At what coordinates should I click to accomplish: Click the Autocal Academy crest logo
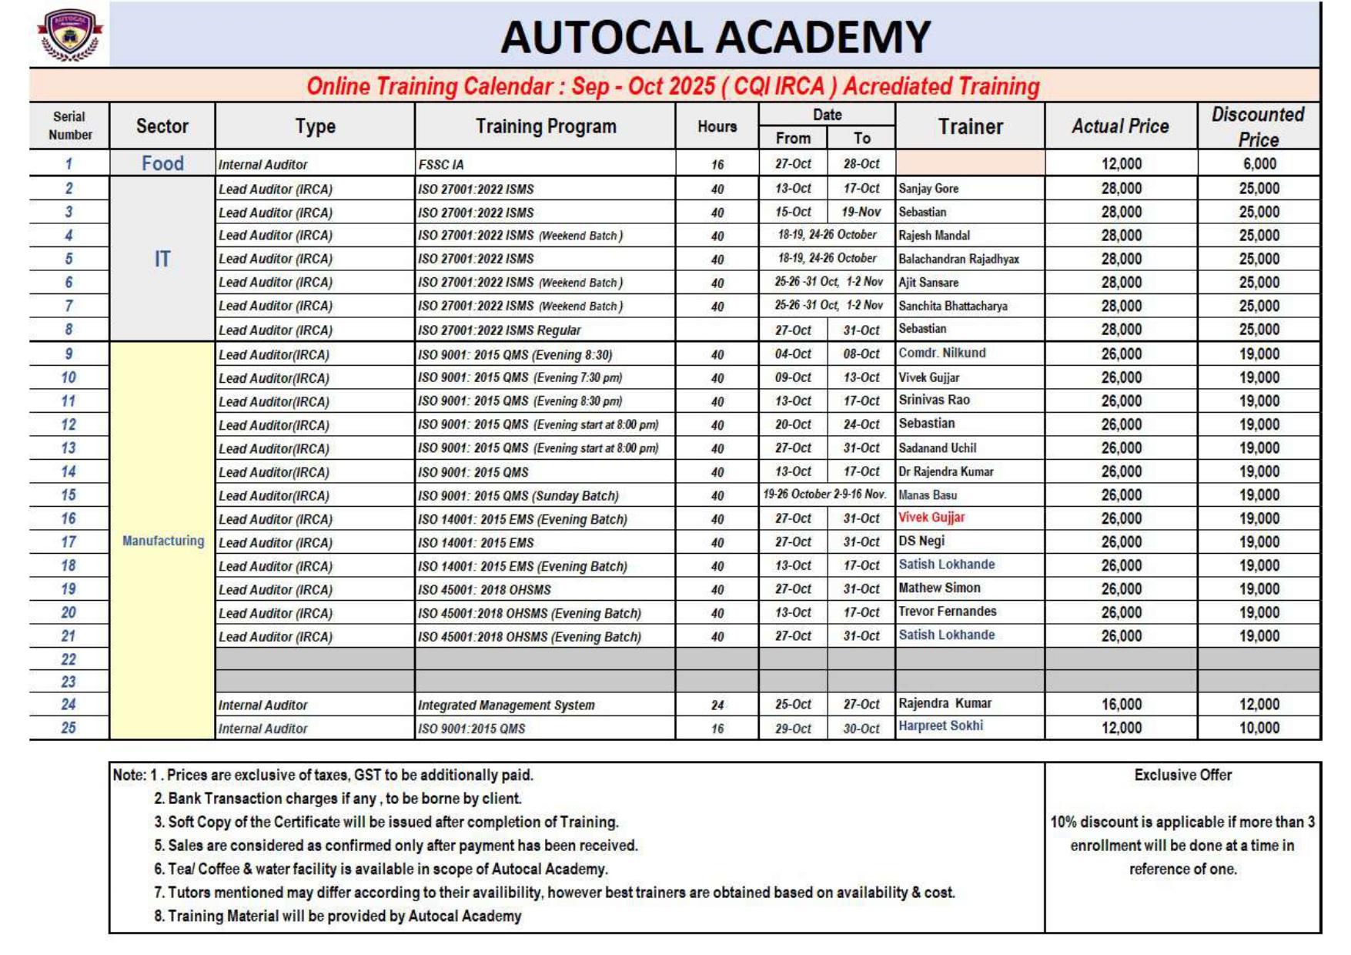tap(69, 35)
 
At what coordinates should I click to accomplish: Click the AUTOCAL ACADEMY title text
tap(715, 37)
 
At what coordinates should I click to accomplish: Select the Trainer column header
tap(970, 126)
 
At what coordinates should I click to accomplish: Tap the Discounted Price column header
tap(1258, 126)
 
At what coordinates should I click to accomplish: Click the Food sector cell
tap(162, 163)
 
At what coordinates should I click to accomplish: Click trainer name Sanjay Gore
tap(928, 189)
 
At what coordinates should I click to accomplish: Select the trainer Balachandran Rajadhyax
tap(958, 259)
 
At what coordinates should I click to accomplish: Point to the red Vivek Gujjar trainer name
tap(931, 518)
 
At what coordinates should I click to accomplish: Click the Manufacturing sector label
tap(163, 541)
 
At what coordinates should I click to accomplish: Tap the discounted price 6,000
tap(1259, 164)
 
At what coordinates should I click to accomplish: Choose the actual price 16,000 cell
tap(1121, 705)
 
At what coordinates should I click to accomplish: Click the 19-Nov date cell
tap(861, 212)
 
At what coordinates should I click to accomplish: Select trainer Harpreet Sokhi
tap(940, 725)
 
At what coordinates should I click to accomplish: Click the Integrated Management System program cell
tap(507, 705)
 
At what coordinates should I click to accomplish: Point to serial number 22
tap(69, 659)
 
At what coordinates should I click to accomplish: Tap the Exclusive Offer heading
tap(1182, 775)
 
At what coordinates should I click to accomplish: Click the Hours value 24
tap(717, 705)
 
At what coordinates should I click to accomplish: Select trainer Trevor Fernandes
tap(947, 612)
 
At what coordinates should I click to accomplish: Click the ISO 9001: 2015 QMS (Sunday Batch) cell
tap(518, 496)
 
